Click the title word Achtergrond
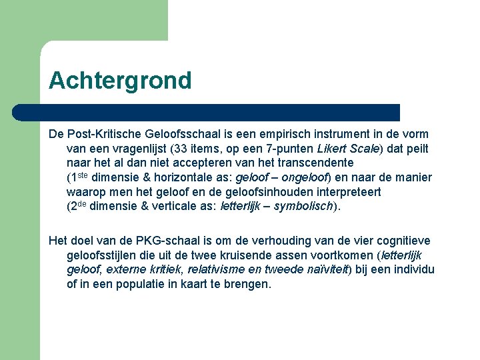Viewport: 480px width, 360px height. [x=120, y=81]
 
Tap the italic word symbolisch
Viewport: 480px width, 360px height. [x=303, y=206]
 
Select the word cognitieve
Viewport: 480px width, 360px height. [x=399, y=241]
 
